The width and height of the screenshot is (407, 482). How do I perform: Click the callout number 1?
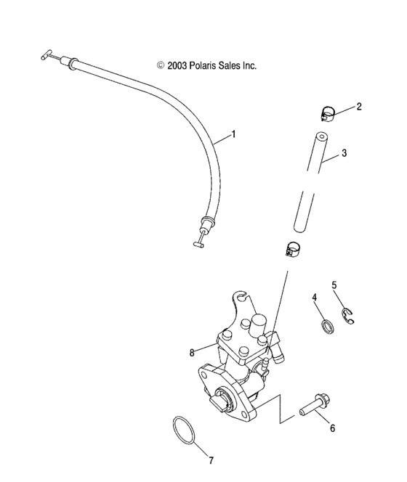[234, 134]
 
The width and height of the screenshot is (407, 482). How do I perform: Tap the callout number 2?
[359, 107]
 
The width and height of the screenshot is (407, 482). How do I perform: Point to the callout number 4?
[315, 298]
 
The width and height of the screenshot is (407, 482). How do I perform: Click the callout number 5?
[335, 285]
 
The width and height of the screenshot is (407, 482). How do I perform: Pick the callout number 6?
[332, 428]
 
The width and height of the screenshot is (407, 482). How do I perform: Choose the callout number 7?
[211, 459]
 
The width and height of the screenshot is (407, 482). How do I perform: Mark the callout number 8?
[193, 353]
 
